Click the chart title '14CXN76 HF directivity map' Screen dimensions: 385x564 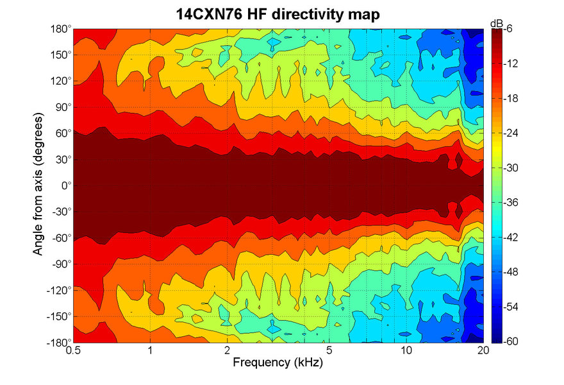click(278, 13)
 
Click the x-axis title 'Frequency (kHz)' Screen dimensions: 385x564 click(278, 363)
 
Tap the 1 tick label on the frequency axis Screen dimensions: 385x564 click(150, 350)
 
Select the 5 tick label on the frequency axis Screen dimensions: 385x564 click(328, 350)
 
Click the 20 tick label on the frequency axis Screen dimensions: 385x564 click(483, 350)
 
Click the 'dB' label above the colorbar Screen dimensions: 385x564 click(496, 23)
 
